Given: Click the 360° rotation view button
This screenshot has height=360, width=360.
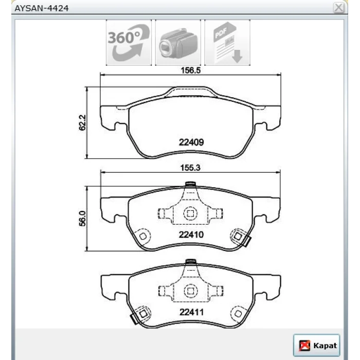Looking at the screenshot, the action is coord(129,43).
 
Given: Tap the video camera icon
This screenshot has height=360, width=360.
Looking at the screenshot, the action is coord(178,43).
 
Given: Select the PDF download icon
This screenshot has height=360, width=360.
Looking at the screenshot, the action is coord(227,43).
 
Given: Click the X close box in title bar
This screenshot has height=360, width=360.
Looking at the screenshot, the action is coord(338,8).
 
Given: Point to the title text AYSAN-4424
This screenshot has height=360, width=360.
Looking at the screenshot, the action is coord(42,8).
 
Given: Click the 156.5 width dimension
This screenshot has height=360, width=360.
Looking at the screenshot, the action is coord(191,70).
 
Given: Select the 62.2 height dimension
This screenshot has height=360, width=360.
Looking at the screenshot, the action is coord(82,122).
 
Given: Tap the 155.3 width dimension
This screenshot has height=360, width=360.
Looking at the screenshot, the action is coord(190,168).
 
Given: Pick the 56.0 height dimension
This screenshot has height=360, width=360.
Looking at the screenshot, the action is coord(82,219).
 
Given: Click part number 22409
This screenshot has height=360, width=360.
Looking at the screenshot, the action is coord(191,142).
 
